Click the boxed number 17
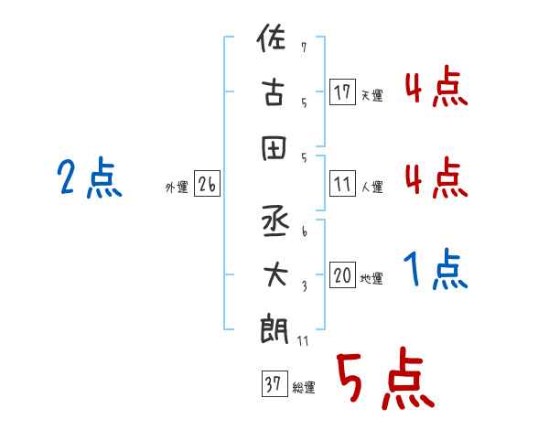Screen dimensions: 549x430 point(342,91)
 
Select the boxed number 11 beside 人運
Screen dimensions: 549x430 point(342,185)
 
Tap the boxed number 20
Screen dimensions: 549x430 point(342,276)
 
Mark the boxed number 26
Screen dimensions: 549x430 point(207,185)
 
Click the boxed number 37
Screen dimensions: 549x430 point(274,384)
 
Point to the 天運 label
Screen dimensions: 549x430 point(371,95)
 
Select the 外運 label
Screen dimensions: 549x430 point(177,188)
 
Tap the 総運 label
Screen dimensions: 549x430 point(304,388)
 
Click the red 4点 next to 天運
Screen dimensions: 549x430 point(435,88)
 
